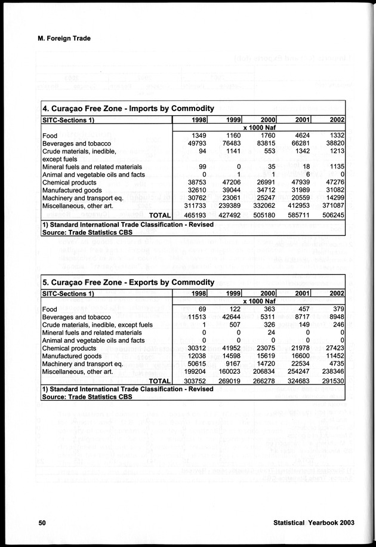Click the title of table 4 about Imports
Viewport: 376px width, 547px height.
[128, 108]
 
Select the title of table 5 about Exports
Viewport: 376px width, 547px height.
[128, 282]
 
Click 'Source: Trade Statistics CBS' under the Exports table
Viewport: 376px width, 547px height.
[87, 397]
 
